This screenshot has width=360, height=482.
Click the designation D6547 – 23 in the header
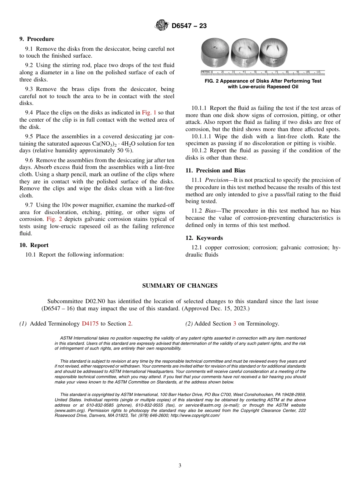189,26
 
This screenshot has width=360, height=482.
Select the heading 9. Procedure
37,39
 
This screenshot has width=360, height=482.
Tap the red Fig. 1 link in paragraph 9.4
149,113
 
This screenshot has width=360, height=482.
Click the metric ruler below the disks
263,72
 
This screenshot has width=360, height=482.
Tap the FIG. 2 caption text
263,84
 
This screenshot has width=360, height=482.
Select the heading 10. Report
34,245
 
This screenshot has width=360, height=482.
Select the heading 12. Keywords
204,238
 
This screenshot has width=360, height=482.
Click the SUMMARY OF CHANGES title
180,286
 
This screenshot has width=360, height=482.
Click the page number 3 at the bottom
180,465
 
